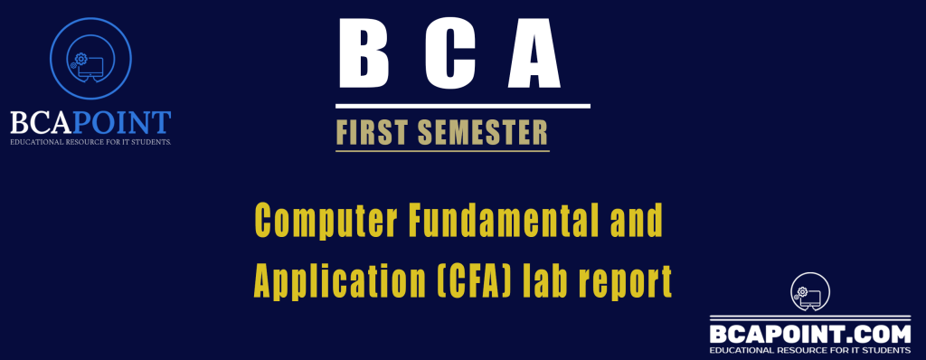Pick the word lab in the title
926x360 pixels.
(562, 281)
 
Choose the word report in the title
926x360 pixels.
(638, 283)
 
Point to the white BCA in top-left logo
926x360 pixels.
(43, 123)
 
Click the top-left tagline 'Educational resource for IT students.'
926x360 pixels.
(90, 143)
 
